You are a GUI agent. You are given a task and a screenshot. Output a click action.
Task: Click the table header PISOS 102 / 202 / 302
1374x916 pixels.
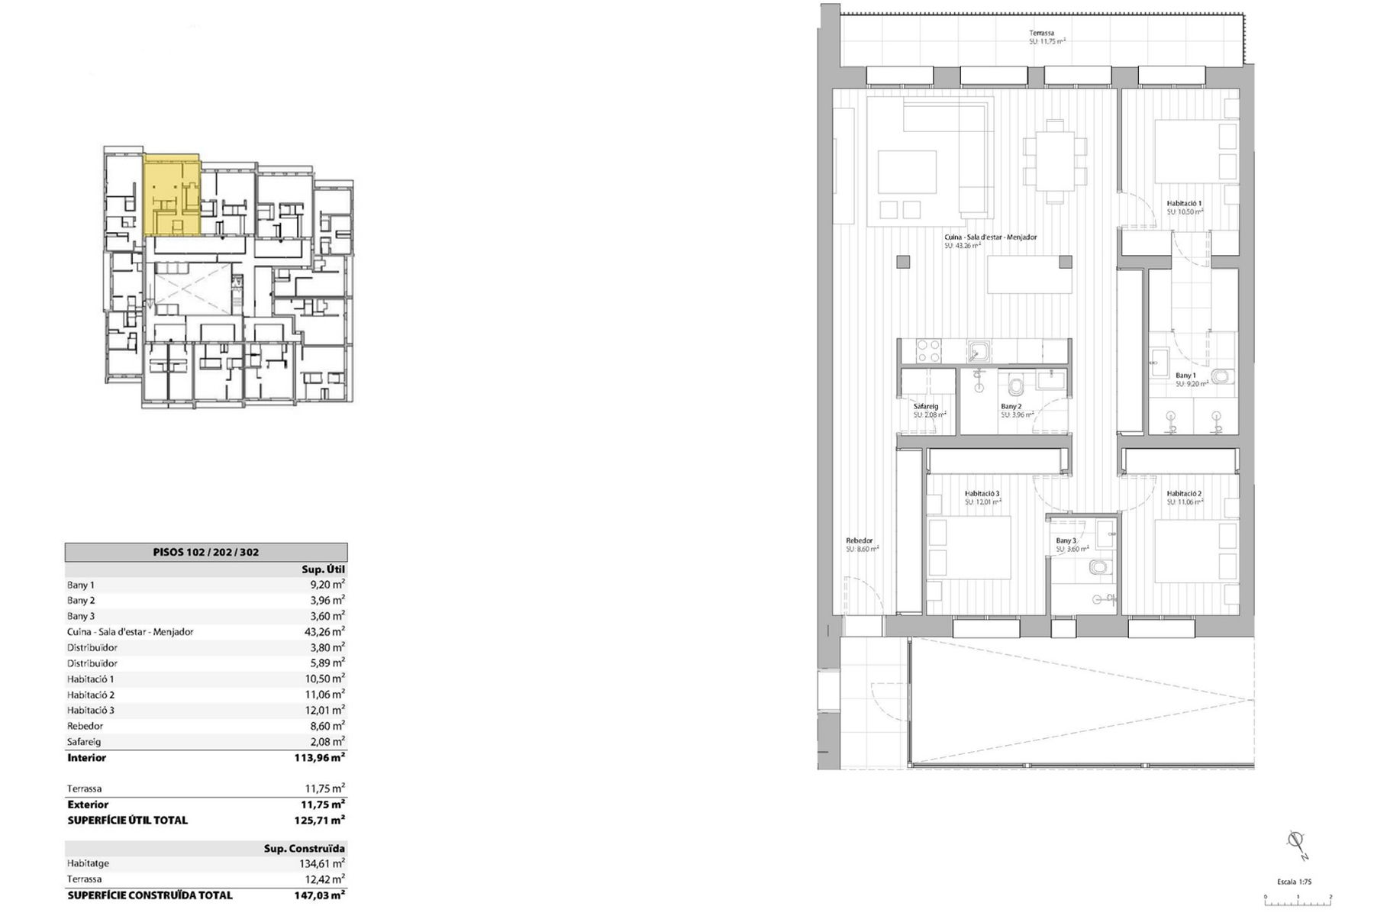(x=205, y=552)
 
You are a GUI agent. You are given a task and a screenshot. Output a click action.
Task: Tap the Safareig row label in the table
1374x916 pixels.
(x=84, y=742)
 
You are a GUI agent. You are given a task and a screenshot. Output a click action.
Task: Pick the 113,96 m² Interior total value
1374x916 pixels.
(x=320, y=758)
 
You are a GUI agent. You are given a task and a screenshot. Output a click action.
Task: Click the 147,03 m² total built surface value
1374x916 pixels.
(x=320, y=895)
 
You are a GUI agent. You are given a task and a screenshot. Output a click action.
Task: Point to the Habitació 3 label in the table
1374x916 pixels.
(x=91, y=710)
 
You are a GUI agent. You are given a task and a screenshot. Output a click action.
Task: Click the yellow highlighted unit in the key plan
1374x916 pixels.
(x=172, y=195)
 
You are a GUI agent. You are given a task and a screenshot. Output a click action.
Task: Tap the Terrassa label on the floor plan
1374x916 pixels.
(x=1041, y=33)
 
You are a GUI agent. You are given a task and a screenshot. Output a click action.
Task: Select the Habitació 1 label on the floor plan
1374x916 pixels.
(x=1184, y=204)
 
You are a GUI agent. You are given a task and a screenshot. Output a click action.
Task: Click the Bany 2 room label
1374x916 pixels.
(x=1011, y=407)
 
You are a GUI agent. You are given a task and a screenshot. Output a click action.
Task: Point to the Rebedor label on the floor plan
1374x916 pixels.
(x=859, y=540)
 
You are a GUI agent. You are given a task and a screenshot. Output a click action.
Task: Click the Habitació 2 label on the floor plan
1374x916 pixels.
(x=1184, y=494)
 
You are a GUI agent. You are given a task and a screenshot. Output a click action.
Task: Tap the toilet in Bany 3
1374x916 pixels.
(x=1098, y=567)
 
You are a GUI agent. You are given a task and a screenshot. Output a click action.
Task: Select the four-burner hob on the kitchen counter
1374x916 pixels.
(x=928, y=351)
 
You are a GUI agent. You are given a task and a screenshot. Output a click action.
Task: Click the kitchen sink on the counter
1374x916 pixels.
(x=979, y=352)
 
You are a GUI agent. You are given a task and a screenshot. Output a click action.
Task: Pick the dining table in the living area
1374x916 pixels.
(x=1055, y=161)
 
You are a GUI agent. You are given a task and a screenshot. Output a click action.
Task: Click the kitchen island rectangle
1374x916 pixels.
(x=1029, y=275)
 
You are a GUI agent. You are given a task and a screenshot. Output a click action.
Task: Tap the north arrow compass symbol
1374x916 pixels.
(x=1295, y=842)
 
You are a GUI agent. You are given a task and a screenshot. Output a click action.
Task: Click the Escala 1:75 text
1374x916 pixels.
(x=1294, y=882)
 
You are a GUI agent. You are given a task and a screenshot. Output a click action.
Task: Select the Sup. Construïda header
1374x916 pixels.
(x=304, y=848)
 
